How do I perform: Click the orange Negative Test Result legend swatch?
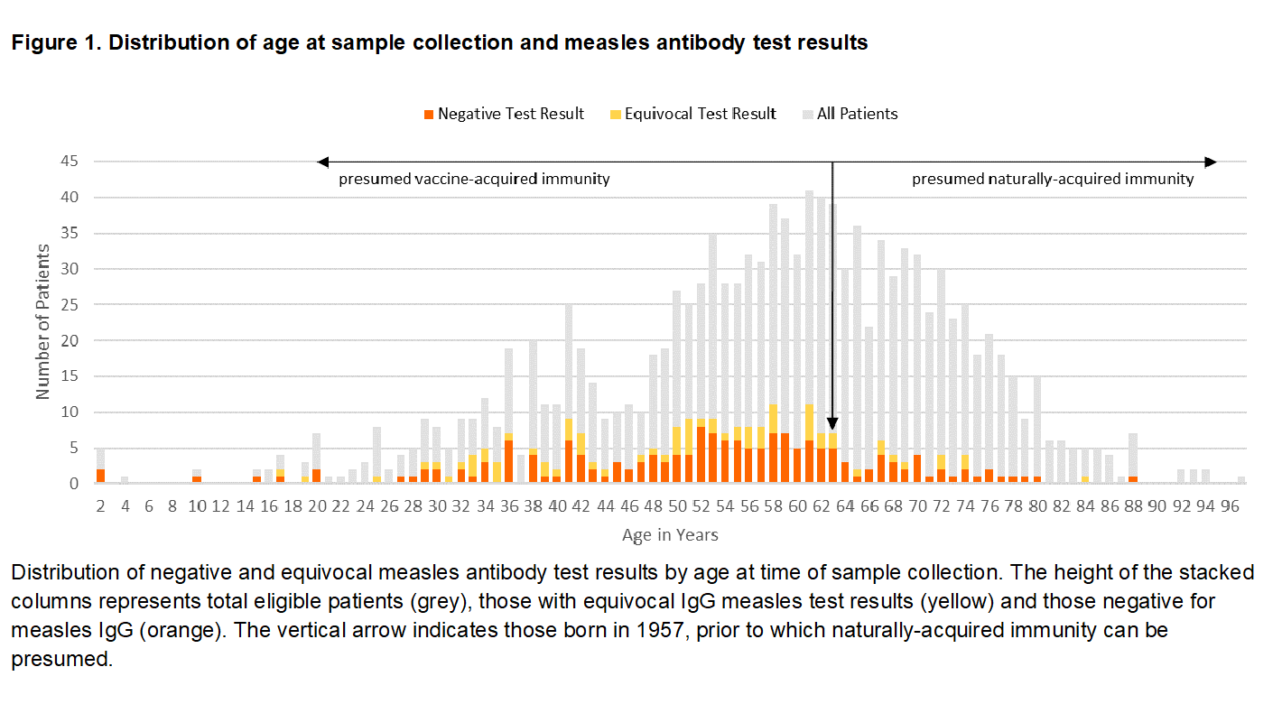pos(428,115)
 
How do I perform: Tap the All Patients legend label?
pos(857,114)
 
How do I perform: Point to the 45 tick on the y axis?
pos(70,162)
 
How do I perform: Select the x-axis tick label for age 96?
pos(1229,508)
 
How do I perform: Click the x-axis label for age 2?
pos(101,508)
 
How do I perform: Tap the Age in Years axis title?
pos(670,535)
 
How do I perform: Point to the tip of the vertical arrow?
pos(833,428)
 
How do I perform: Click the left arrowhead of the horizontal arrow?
pos(321,162)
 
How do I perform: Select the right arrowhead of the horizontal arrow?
pos(1212,162)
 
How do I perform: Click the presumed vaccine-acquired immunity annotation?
pos(474,179)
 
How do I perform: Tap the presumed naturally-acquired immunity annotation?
pos(1052,179)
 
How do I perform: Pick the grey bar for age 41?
pos(569,361)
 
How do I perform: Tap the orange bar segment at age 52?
pos(701,455)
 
